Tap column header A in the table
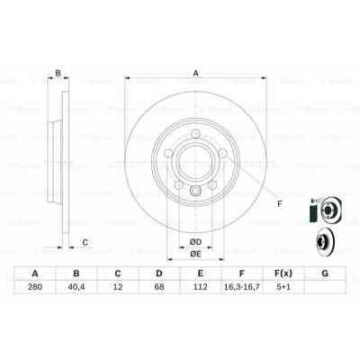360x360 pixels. tap(35, 274)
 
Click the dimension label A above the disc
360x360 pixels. tap(193, 74)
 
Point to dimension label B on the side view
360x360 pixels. tap(58, 74)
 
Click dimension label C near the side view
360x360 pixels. tap(85, 240)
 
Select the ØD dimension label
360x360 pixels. tap(194, 240)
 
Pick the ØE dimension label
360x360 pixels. tap(194, 255)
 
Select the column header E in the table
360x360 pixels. tap(199, 274)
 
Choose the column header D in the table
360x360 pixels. tap(158, 274)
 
